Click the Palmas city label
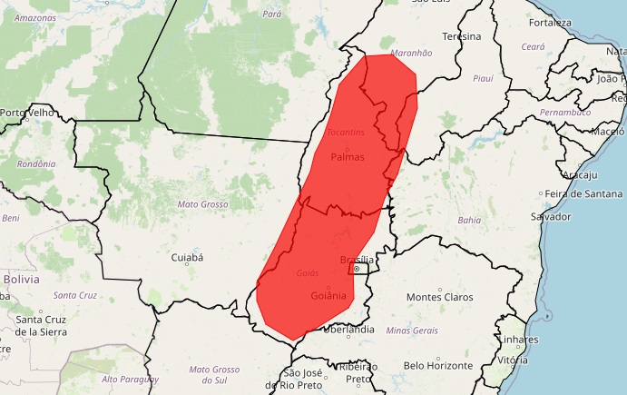click(348, 157)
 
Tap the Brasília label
click(356, 260)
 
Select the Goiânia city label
click(328, 296)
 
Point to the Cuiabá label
click(187, 258)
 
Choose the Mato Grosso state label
click(202, 204)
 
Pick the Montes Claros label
click(440, 297)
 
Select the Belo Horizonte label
click(439, 365)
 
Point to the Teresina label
click(461, 36)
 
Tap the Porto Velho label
click(28, 113)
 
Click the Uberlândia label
click(348, 329)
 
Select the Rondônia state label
click(36, 163)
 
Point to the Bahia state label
click(470, 220)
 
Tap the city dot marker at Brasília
click(358, 270)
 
